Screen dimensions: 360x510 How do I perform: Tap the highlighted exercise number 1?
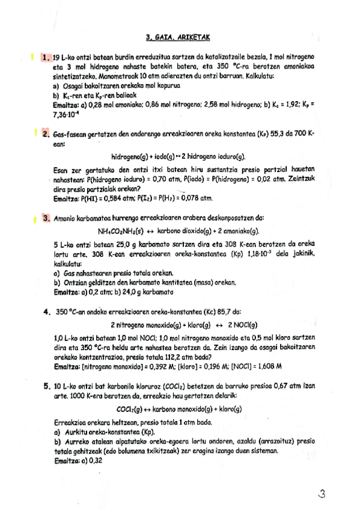(46, 57)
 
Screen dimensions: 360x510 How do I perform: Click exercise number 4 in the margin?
(46, 312)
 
